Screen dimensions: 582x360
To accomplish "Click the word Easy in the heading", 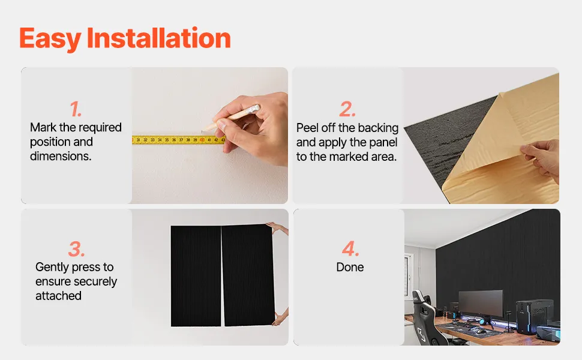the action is pos(50,39).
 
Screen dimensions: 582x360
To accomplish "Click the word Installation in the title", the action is pos(158,38).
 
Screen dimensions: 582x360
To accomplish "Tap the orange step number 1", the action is pos(76,109).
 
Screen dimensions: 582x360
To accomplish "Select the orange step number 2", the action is pos(347,109).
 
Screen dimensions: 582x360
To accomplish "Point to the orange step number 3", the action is pos(76,248).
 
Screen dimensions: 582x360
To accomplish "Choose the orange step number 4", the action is pos(350,248).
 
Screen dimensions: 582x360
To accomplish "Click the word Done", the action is pos(350,267).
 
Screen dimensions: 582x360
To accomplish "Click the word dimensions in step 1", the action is pos(61,156).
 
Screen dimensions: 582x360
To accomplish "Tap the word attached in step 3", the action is pos(58,296).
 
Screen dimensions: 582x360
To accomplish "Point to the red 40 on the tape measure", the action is pos(202,140).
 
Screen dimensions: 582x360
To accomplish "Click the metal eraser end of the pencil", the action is pos(254,109).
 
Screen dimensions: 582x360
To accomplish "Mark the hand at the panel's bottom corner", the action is pos(280,317).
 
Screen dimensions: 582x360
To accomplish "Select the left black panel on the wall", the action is pos(196,276).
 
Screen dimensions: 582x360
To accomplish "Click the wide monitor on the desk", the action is pos(481,303).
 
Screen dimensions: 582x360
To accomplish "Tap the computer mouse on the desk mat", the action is pos(480,331).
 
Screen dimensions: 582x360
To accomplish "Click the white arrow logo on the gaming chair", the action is pos(422,334).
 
